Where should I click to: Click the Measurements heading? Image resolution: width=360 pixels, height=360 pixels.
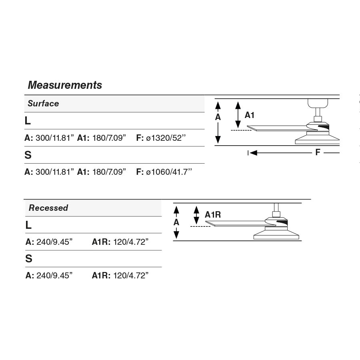pos(65,85)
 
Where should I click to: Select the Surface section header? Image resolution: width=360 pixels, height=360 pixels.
pos(43,104)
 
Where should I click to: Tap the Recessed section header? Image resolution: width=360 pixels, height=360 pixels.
pos(48,208)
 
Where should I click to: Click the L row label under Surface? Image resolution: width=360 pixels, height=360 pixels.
pos(28,121)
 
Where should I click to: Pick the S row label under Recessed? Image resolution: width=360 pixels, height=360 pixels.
pos(28,259)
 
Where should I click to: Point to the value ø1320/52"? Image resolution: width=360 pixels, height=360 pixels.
pos(166,138)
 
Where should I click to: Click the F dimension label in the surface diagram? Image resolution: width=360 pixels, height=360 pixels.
pos(318,152)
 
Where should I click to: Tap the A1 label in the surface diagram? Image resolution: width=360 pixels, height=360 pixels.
pos(250,115)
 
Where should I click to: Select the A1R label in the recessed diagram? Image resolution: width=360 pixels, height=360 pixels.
pos(213,215)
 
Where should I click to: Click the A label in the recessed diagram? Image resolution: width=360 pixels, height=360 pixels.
pos(176,222)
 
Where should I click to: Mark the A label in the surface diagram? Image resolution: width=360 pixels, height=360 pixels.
pos(218,117)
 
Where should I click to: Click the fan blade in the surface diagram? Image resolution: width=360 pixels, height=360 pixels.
pos(280,128)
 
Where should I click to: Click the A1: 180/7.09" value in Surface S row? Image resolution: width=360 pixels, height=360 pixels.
pos(102,172)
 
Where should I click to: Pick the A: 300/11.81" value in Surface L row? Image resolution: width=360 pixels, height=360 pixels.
pos(50,138)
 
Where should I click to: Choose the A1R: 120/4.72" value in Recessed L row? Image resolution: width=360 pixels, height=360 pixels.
pos(120,242)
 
